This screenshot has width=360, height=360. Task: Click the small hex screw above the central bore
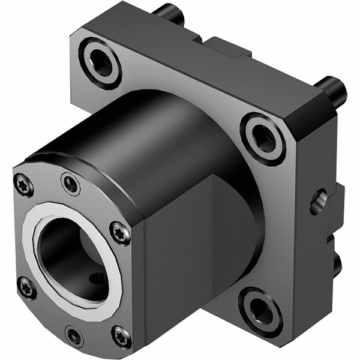coord(71,184)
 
